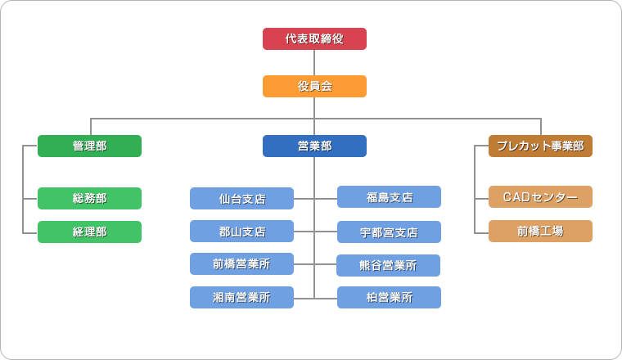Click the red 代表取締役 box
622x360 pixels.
click(314, 38)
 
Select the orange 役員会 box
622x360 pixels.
click(314, 87)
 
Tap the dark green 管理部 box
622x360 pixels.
click(90, 146)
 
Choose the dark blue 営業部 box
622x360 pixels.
click(314, 146)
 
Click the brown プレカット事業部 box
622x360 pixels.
click(540, 146)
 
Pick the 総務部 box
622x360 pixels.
click(90, 198)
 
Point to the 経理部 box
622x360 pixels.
click(90, 232)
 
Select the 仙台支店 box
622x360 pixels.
click(242, 198)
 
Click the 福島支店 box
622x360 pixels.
click(389, 196)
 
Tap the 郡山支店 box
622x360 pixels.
click(242, 232)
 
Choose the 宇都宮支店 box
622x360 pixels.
click(389, 232)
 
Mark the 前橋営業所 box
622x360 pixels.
click(242, 264)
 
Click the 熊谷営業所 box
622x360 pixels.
click(389, 266)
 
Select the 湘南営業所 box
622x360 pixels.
click(242, 297)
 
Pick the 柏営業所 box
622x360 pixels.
click(389, 297)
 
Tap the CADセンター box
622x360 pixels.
click(540, 196)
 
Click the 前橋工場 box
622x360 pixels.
click(540, 232)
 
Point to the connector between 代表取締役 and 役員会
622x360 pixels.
click(314, 63)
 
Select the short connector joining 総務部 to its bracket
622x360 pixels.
click(30, 199)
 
